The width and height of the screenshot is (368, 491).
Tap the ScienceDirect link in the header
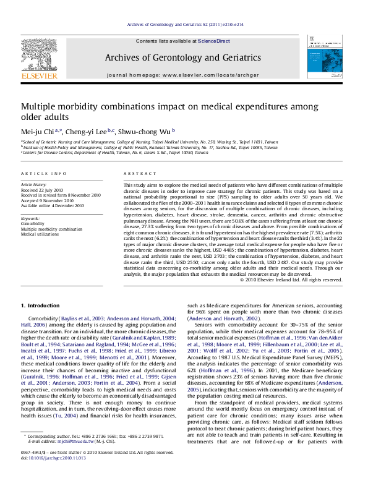click(x=214, y=41)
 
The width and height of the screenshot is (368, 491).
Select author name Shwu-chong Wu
click(x=148, y=130)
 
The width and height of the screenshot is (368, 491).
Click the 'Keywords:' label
click(x=31, y=218)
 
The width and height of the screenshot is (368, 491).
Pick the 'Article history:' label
click(x=34, y=184)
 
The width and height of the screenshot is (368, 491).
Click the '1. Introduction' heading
click(x=40, y=305)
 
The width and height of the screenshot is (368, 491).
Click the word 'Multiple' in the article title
click(x=40, y=106)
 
